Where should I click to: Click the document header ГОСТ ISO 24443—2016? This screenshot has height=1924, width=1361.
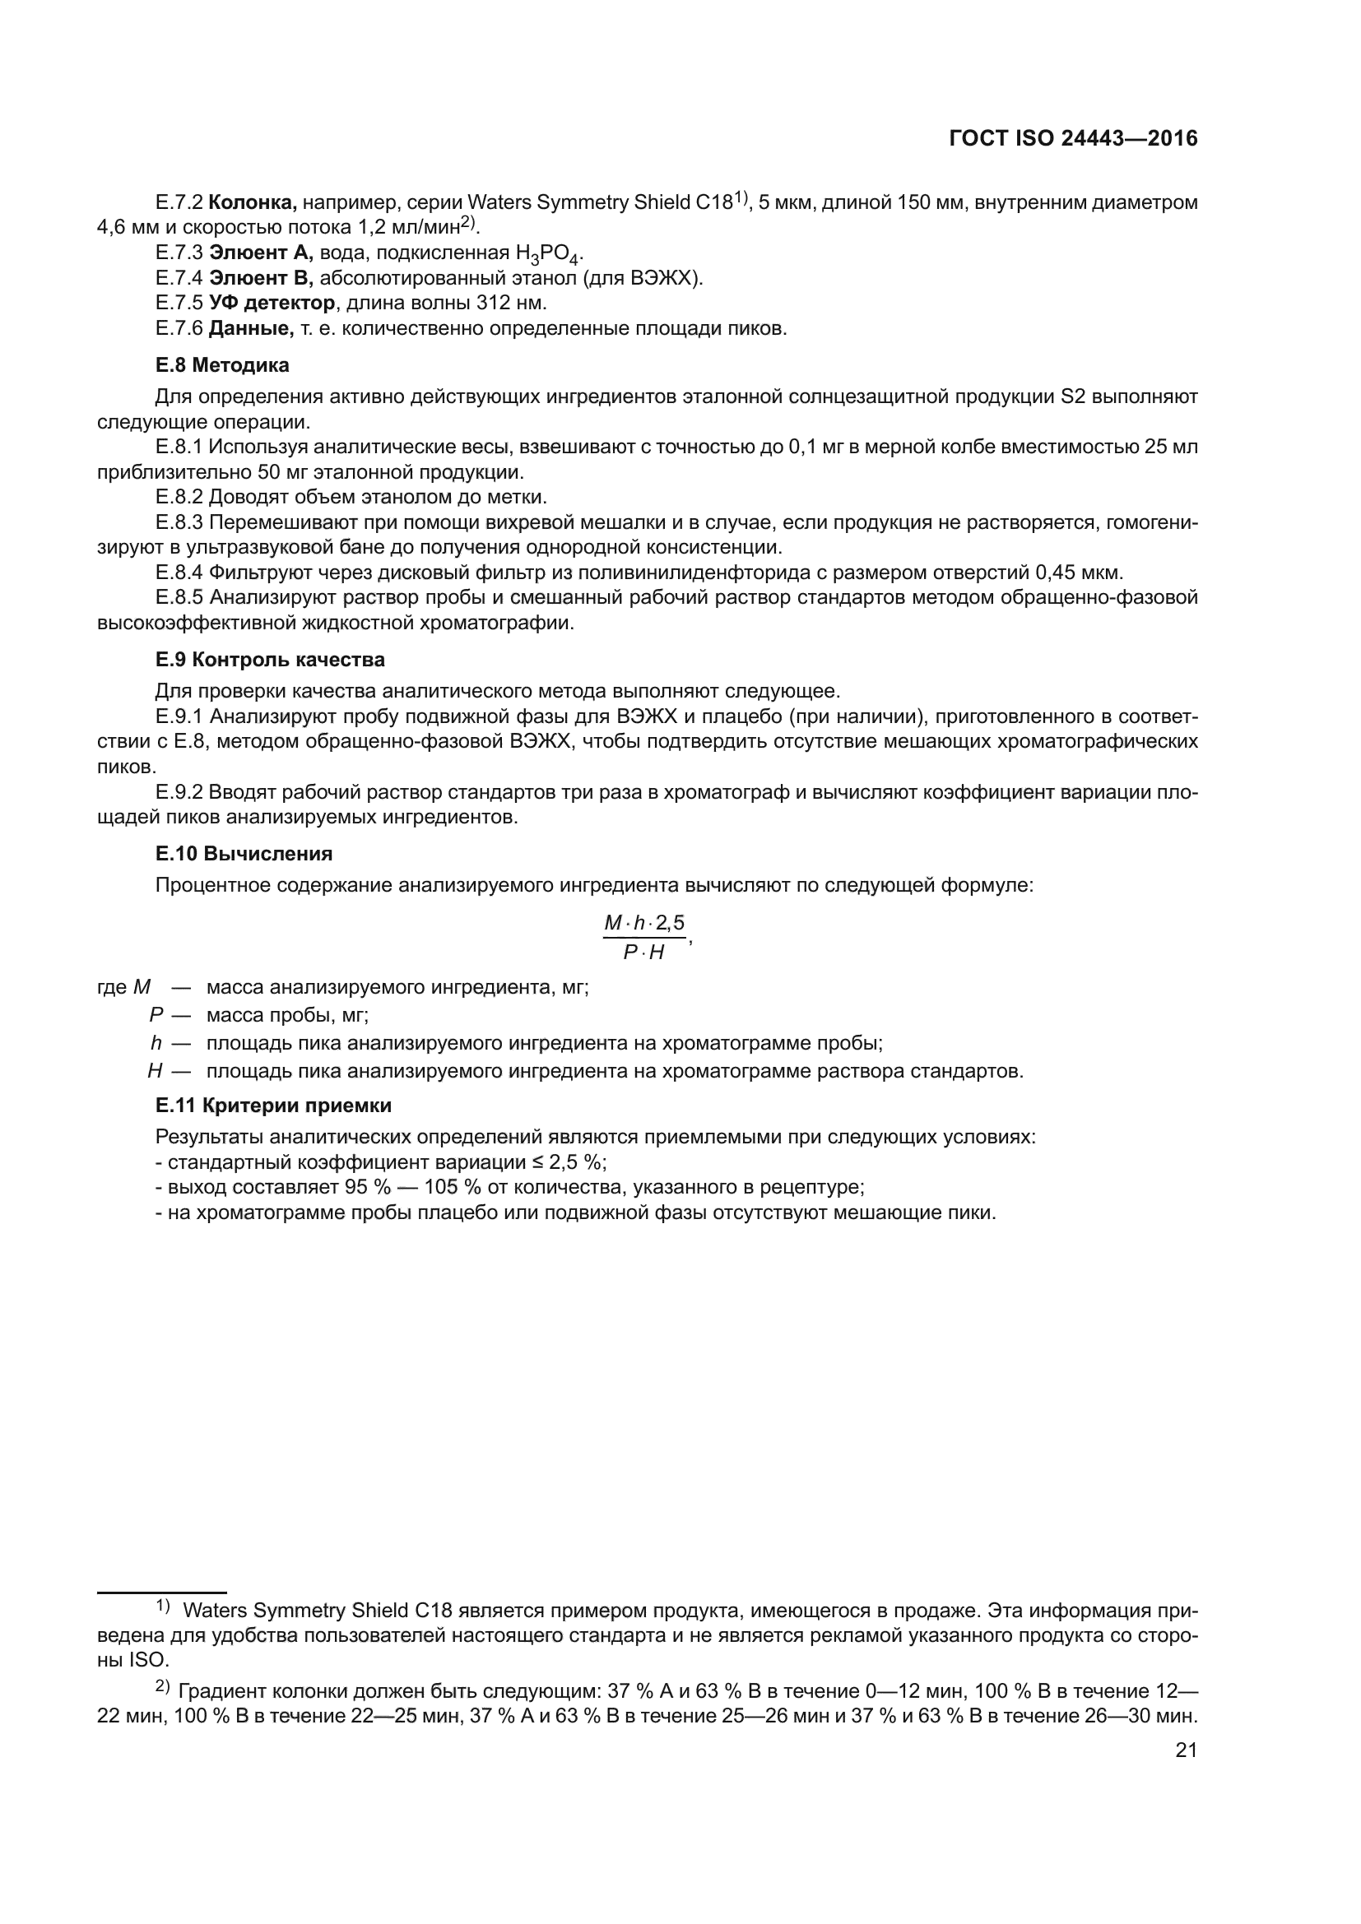tap(1073, 139)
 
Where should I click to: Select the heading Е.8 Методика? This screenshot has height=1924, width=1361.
tap(222, 365)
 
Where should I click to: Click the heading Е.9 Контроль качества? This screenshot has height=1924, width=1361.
tap(270, 661)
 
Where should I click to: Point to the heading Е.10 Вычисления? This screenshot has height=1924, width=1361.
tap(244, 854)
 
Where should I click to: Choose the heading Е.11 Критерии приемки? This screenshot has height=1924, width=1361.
tap(273, 1106)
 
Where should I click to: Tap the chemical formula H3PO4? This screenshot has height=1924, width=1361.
tap(548, 255)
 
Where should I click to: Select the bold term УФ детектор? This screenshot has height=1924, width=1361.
tap(272, 304)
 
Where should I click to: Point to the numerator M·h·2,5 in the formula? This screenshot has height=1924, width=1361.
tap(643, 924)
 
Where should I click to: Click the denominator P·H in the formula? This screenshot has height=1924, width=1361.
tap(643, 953)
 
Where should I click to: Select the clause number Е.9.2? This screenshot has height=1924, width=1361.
tap(179, 793)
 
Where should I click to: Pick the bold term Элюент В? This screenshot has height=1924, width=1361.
tap(260, 278)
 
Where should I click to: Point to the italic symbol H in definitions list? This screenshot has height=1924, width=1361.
tap(155, 1072)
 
